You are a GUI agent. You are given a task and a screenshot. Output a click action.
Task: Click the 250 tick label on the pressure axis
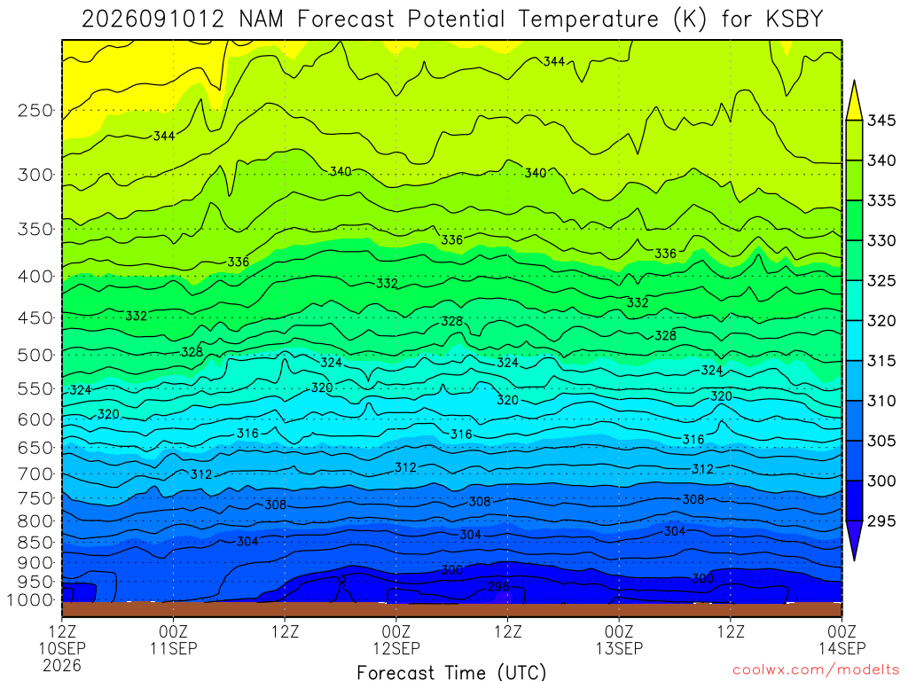(35, 110)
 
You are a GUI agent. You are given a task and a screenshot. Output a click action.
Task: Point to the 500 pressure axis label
(35, 355)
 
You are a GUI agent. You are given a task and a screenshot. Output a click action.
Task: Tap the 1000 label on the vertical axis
(31, 600)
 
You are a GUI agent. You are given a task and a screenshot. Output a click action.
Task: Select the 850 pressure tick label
(35, 543)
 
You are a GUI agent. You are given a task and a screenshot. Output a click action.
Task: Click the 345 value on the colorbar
(881, 121)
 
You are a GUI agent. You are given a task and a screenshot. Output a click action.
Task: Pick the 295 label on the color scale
(881, 521)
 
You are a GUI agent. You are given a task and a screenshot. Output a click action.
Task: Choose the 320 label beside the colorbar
(881, 321)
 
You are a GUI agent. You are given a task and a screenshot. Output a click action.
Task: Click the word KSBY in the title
(794, 20)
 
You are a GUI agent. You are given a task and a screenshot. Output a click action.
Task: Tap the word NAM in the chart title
(262, 20)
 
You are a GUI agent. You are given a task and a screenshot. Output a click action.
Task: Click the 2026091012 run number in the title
(153, 20)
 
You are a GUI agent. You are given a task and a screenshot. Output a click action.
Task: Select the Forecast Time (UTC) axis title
(451, 672)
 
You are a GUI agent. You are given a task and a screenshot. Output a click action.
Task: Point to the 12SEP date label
(396, 648)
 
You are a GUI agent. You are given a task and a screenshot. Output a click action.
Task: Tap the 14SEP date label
(842, 648)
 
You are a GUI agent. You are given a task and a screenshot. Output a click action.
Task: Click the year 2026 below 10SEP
(62, 665)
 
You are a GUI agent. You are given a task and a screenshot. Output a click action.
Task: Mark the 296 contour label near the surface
(498, 587)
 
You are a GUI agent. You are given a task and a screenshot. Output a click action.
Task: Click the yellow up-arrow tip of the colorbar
(854, 82)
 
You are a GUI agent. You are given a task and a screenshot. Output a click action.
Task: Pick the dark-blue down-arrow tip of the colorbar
(854, 560)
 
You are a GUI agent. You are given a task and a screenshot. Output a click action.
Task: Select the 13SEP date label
(619, 648)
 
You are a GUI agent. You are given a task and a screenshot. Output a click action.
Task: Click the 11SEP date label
(174, 648)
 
